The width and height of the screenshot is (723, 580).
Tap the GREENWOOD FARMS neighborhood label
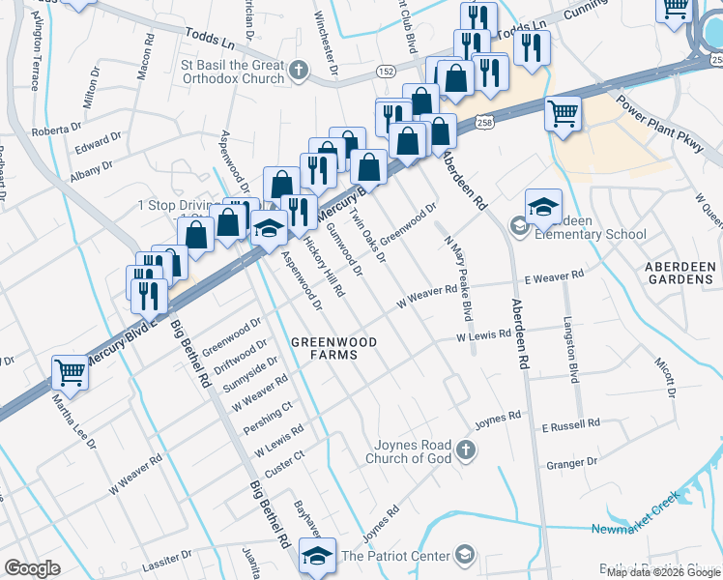pyautogui.click(x=325, y=348)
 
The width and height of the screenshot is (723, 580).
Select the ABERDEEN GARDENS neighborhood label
pyautogui.click(x=679, y=272)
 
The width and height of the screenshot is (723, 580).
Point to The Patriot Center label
pyautogui.click(x=396, y=556)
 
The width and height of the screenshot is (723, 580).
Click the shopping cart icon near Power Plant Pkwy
pyautogui.click(x=563, y=113)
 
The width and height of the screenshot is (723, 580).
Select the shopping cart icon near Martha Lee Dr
pyautogui.click(x=70, y=371)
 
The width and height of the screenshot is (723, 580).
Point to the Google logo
pyautogui.click(x=32, y=568)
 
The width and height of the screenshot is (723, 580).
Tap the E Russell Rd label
pyautogui.click(x=570, y=424)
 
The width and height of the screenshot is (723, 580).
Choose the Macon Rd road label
pyautogui.click(x=145, y=60)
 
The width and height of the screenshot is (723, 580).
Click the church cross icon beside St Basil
pyautogui.click(x=300, y=70)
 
